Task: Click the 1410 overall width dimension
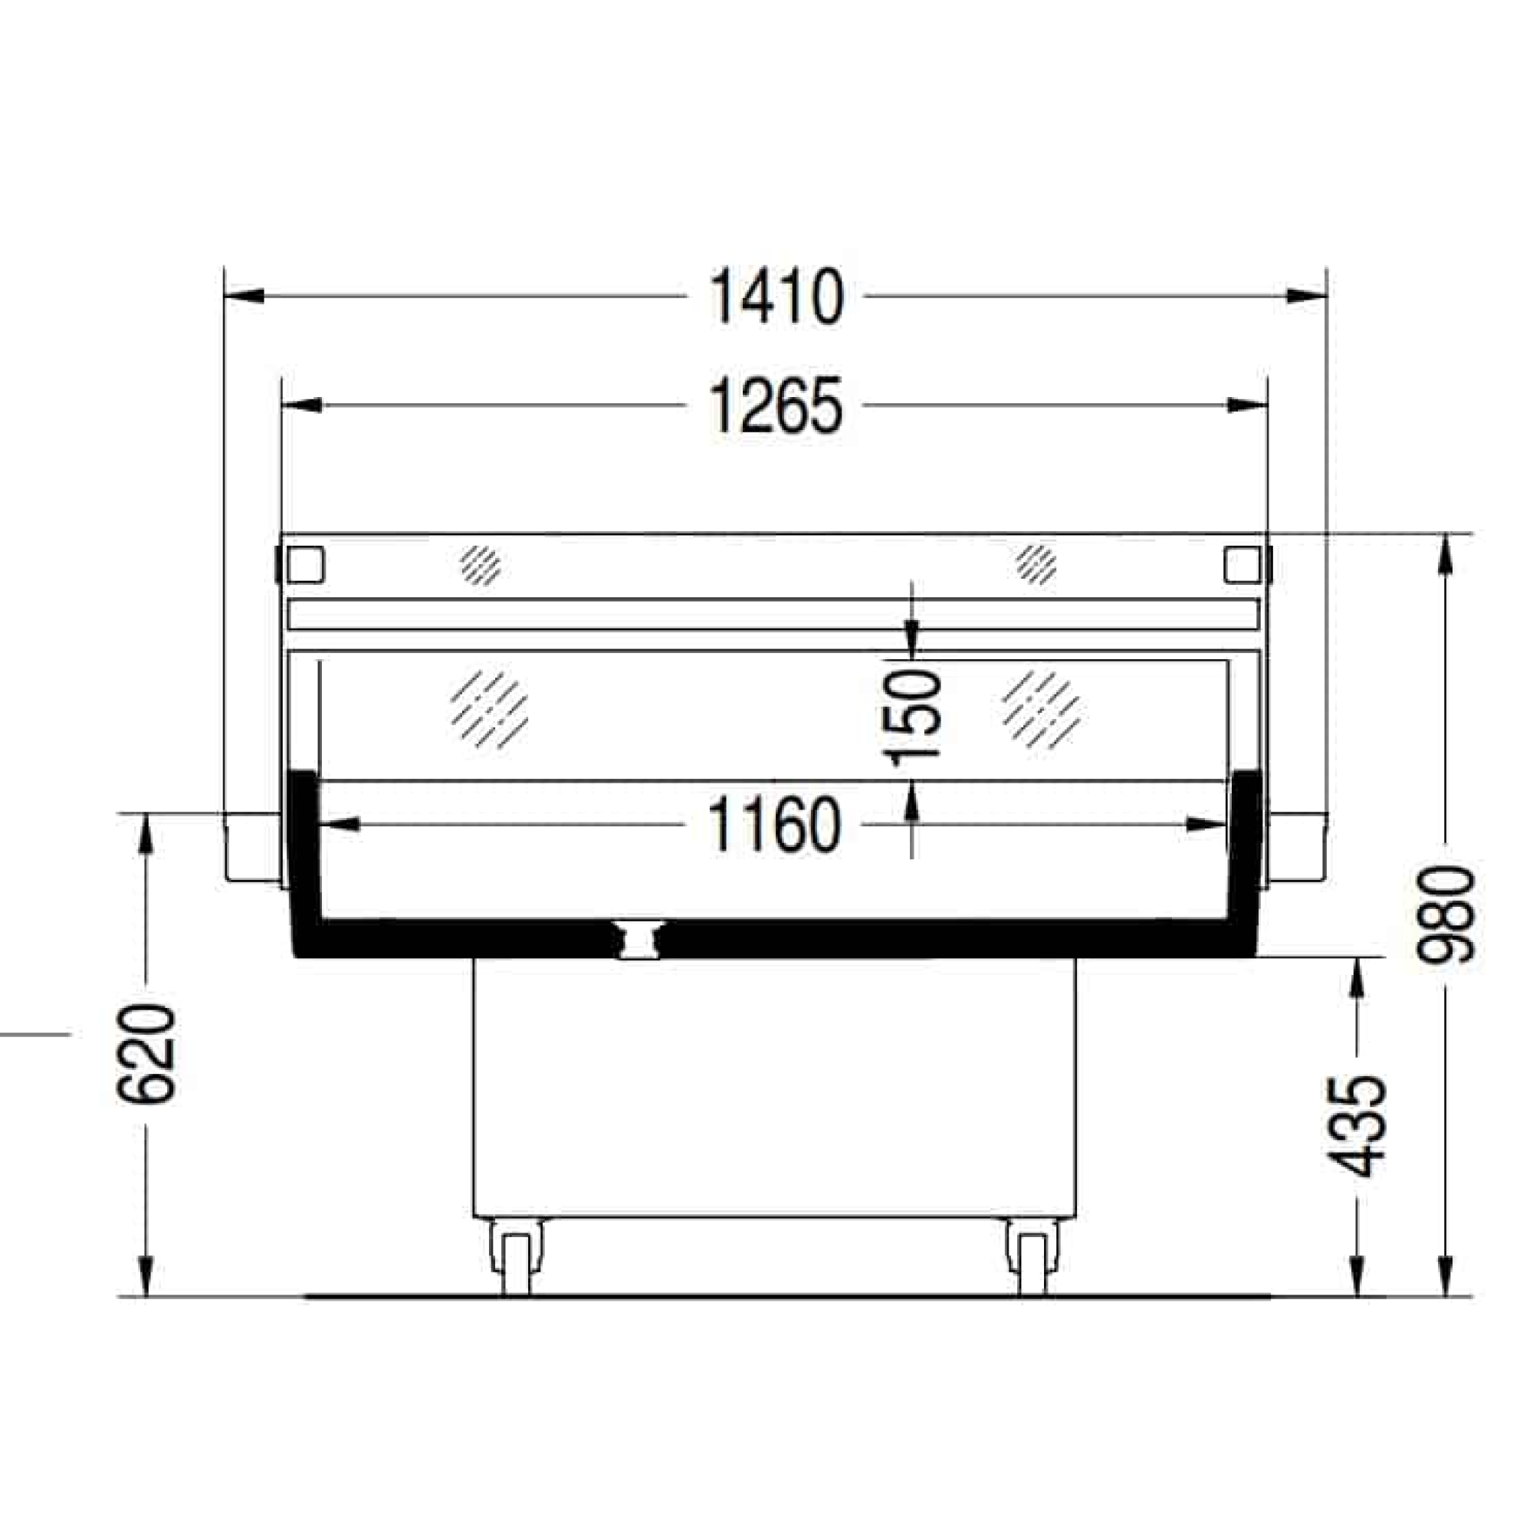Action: (x=776, y=297)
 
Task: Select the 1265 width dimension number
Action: (x=776, y=405)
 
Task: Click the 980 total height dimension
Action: (x=1446, y=915)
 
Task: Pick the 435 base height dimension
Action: (x=1357, y=1126)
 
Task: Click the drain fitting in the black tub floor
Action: (x=638, y=940)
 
